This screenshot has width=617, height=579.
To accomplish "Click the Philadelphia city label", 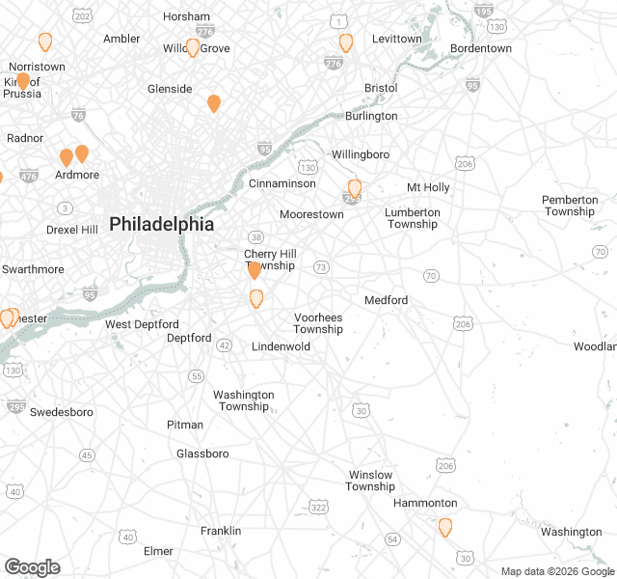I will pyautogui.click(x=161, y=224).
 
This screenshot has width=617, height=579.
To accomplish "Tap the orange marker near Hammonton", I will pyautogui.click(x=445, y=527).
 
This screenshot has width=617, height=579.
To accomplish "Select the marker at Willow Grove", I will pyautogui.click(x=193, y=47).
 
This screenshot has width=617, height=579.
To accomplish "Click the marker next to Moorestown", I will pyautogui.click(x=355, y=188).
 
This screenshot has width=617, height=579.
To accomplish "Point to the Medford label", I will pyautogui.click(x=386, y=300).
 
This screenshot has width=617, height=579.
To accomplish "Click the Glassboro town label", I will pyautogui.click(x=202, y=454).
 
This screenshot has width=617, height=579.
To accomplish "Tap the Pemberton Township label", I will pyautogui.click(x=570, y=206).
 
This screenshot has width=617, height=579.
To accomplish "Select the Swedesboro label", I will pyautogui.click(x=62, y=412).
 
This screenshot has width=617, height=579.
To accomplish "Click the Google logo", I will pyautogui.click(x=32, y=567).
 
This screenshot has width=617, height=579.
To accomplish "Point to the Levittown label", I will pyautogui.click(x=397, y=39).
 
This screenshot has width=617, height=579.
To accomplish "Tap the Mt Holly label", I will pyautogui.click(x=428, y=187).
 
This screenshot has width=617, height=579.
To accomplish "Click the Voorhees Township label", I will pyautogui.click(x=318, y=323).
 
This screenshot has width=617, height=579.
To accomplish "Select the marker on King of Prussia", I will pyautogui.click(x=23, y=81).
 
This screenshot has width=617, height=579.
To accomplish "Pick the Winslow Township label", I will pyautogui.click(x=370, y=481).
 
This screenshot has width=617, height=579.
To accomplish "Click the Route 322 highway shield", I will pyautogui.click(x=318, y=507).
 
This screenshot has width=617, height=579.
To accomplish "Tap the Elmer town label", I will pyautogui.click(x=158, y=551).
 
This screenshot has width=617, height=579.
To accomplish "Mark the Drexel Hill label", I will pyautogui.click(x=72, y=230).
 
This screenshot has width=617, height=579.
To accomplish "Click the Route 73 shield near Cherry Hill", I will pyautogui.click(x=321, y=266).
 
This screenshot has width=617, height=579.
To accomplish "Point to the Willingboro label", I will pyautogui.click(x=361, y=154).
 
